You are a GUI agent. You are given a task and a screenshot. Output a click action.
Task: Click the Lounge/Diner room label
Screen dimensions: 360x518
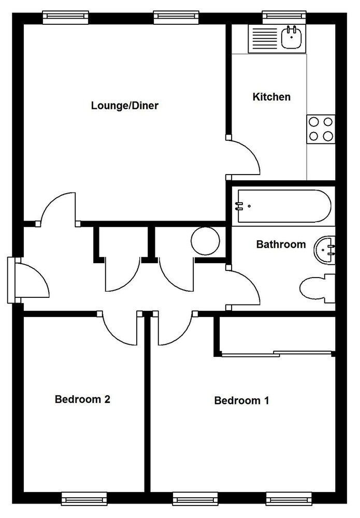pyautogui.click(x=124, y=106)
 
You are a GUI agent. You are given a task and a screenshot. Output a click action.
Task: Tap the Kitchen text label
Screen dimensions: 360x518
pyautogui.click(x=271, y=97)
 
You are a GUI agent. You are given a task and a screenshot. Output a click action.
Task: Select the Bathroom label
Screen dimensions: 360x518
pyautogui.click(x=281, y=244)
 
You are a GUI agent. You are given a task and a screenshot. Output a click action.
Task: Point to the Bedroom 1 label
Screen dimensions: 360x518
pyautogui.click(x=241, y=400)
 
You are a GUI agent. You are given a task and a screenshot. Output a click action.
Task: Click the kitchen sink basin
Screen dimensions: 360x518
pyautogui.click(x=292, y=37)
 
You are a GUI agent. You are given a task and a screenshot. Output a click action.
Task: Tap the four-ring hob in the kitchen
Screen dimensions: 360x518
pyautogui.click(x=321, y=129)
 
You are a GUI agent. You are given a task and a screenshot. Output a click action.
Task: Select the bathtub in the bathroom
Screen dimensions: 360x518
pyautogui.click(x=284, y=206)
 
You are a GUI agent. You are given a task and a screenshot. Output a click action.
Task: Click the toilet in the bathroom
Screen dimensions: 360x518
pyautogui.click(x=318, y=288)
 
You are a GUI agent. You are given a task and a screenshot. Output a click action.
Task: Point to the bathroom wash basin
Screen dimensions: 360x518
pyautogui.click(x=325, y=250)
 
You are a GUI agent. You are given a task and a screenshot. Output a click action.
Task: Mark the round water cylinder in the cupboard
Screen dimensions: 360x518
pyautogui.click(x=205, y=241)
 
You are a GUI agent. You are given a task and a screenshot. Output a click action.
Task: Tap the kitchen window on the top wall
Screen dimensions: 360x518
pyautogui.click(x=284, y=17)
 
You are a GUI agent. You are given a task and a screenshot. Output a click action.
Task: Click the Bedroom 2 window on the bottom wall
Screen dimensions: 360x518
pyautogui.click(x=84, y=499)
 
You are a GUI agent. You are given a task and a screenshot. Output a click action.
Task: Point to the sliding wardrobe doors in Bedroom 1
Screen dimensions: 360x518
pyautogui.click(x=277, y=354)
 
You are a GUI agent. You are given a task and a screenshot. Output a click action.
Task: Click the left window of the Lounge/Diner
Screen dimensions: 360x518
pyautogui.click(x=66, y=17)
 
